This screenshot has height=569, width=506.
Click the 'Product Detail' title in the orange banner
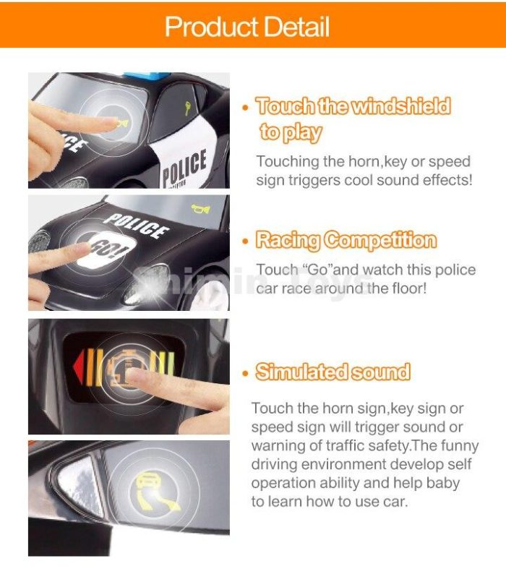(x=247, y=27)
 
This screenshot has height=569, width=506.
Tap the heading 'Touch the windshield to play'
(x=353, y=119)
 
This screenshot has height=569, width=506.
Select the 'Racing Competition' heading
(x=346, y=240)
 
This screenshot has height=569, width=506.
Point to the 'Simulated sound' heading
(x=333, y=372)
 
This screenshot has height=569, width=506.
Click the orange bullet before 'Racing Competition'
(x=246, y=241)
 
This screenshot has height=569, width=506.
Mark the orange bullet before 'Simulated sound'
(x=246, y=373)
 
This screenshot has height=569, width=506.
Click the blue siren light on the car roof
(x=146, y=76)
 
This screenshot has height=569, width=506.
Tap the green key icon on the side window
(x=187, y=108)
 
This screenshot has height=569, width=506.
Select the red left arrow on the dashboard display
(x=79, y=367)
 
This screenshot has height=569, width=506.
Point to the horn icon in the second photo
(x=200, y=209)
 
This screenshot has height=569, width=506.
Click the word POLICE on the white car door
(x=184, y=167)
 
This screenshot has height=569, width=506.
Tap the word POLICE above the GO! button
(x=137, y=226)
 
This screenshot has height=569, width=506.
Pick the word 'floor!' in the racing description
(x=409, y=288)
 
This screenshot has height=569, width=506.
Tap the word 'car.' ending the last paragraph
(x=395, y=502)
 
